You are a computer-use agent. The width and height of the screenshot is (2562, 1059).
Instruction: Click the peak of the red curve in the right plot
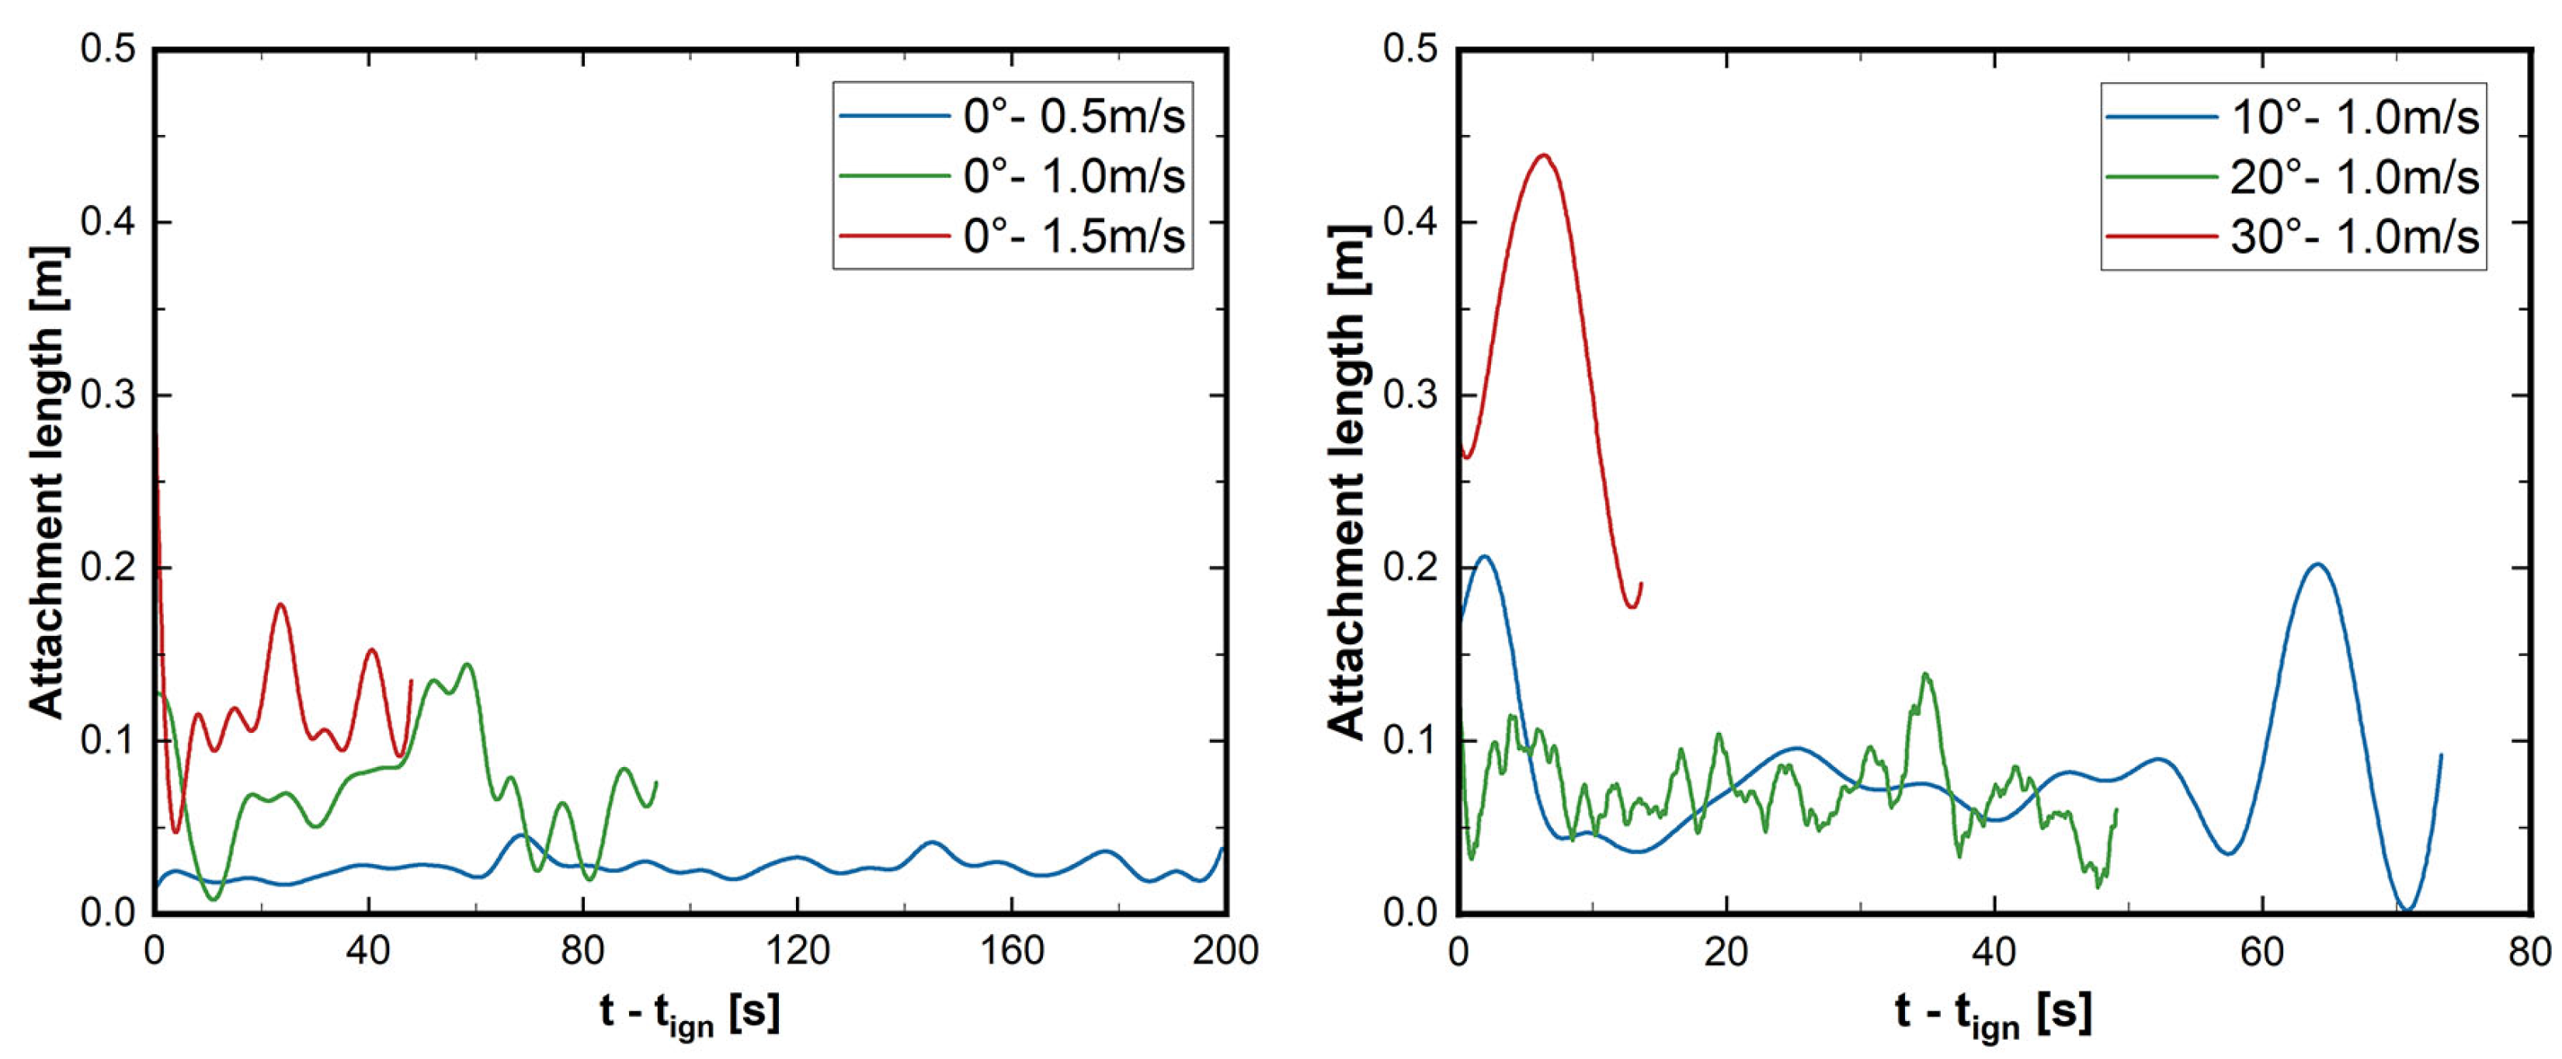point(1542,155)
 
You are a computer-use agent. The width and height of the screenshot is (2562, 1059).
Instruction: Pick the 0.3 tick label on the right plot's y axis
point(1411,394)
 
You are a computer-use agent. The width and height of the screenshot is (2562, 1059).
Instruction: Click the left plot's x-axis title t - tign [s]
point(690,1014)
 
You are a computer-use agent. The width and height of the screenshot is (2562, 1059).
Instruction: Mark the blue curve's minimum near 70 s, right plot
point(2407,910)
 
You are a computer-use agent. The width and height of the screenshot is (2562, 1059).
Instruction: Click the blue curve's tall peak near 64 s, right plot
point(2317,564)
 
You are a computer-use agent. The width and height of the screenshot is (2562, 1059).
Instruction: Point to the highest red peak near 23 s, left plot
point(280,605)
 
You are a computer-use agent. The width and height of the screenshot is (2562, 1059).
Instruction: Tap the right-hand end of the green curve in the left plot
point(656,783)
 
